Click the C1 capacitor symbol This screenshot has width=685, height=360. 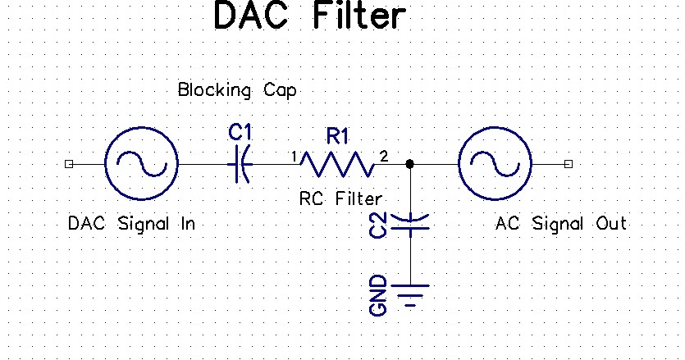pyautogui.click(x=239, y=165)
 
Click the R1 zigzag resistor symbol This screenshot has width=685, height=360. pyautogui.click(x=337, y=165)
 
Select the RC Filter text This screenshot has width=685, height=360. pyautogui.click(x=341, y=198)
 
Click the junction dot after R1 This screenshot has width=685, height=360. pyautogui.click(x=409, y=165)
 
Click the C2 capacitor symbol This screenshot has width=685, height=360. pyautogui.click(x=409, y=221)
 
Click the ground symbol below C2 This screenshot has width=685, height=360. pyautogui.click(x=409, y=293)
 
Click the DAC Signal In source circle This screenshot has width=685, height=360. pyautogui.click(x=142, y=164)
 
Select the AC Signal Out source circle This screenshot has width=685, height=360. pyautogui.click(x=495, y=164)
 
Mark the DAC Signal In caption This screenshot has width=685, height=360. pyautogui.click(x=131, y=223)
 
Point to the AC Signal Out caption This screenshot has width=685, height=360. pyautogui.click(x=561, y=223)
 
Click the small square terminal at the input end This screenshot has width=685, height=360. pyautogui.click(x=69, y=164)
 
